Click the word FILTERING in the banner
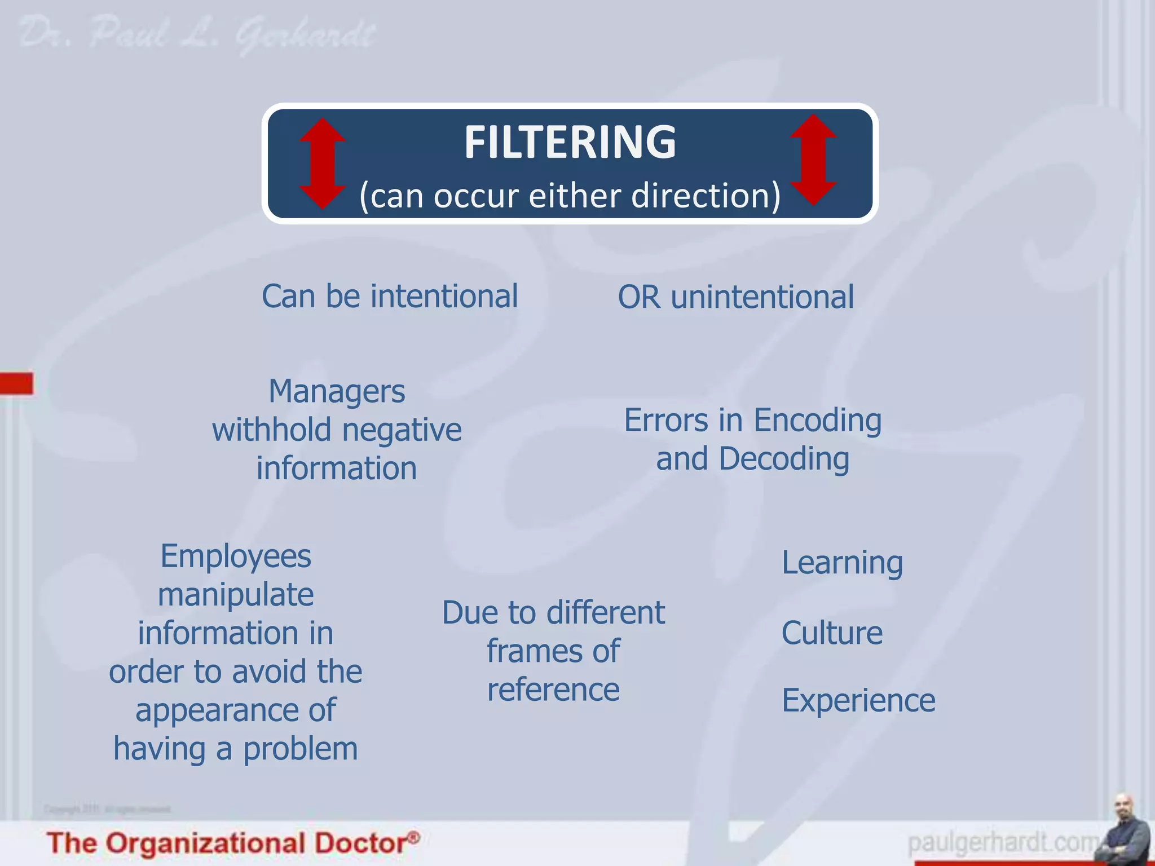coord(570,143)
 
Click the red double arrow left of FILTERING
coord(322,164)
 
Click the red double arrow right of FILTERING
coord(813,160)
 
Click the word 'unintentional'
coord(762,297)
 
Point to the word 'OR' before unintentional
coord(639,297)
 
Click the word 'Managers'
coord(337,391)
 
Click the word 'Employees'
coord(236,556)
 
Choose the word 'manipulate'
coord(236,595)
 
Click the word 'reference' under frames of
coord(553,690)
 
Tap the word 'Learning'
coord(842,563)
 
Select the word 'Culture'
coord(832,633)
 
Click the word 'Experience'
coord(858,701)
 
